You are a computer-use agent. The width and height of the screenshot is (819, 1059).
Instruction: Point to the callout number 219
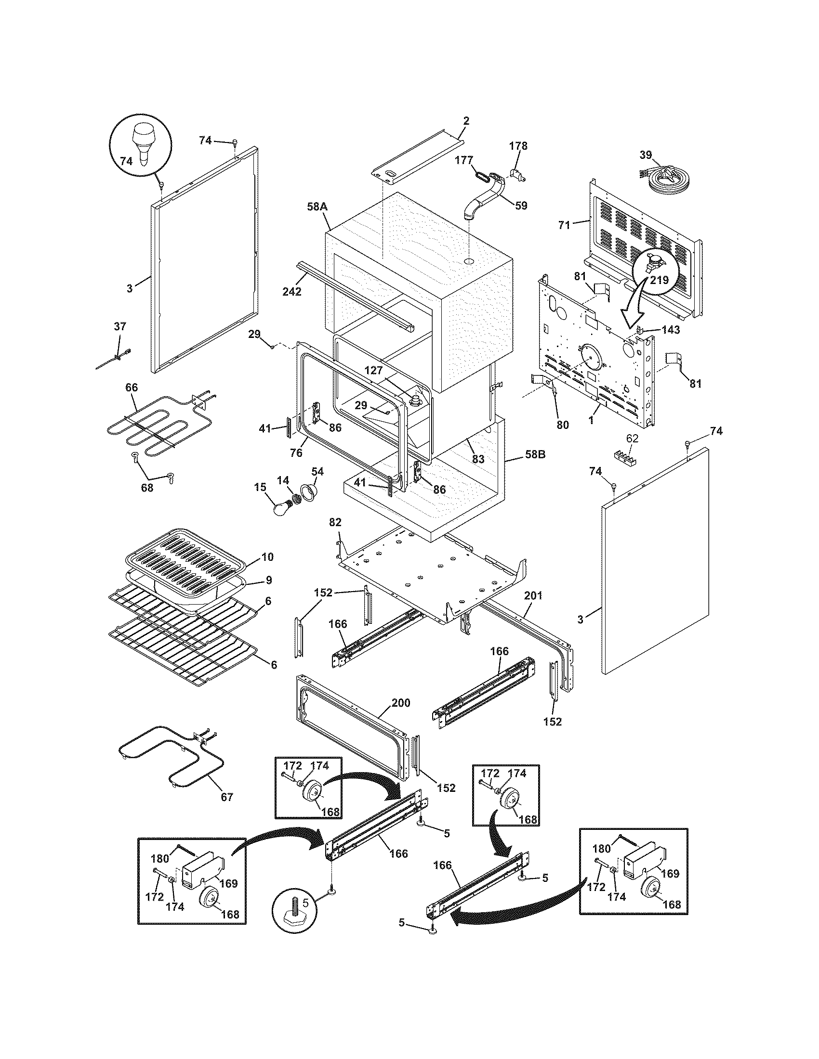[x=660, y=280]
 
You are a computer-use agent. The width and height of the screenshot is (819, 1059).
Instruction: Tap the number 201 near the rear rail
[x=533, y=595]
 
